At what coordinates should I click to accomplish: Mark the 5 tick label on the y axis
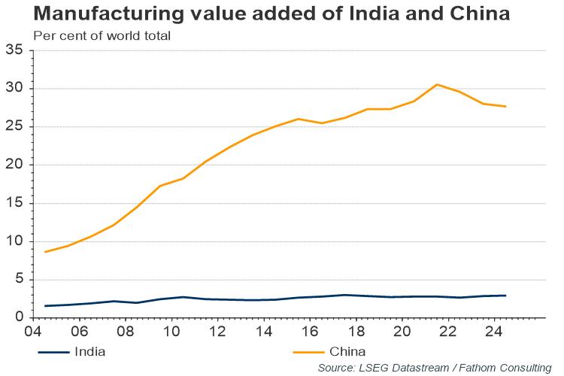20,280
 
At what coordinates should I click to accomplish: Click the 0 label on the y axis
20,318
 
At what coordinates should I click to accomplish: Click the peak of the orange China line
437,84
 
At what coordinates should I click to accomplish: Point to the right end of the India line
505,296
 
